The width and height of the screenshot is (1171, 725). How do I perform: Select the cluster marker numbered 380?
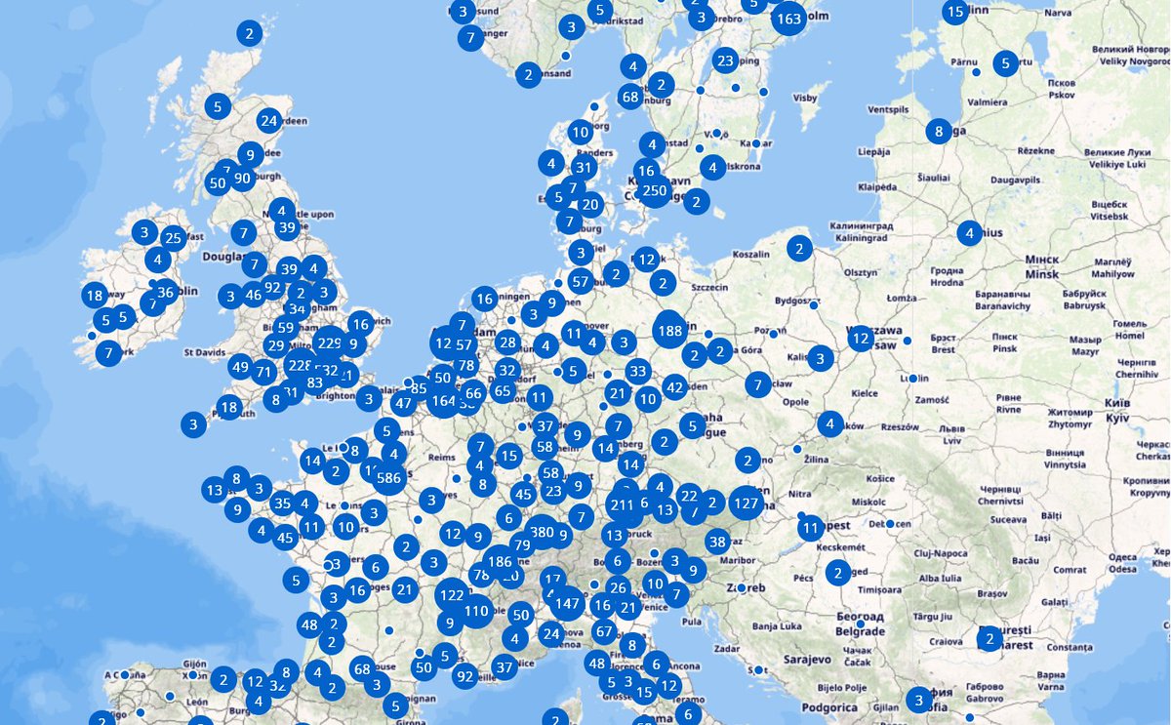tap(542, 533)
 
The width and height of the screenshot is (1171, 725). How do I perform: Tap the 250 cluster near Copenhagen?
tap(654, 190)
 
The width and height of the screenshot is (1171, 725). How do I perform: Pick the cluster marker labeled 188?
tap(670, 331)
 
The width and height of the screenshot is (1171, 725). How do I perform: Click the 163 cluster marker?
tap(788, 19)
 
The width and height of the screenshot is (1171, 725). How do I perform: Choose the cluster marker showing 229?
tap(330, 343)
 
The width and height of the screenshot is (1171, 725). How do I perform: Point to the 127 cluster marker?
tap(747, 503)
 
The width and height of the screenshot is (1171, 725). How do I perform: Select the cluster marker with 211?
tap(621, 505)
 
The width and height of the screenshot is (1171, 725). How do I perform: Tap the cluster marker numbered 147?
tap(567, 604)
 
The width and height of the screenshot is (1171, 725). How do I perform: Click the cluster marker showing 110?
tap(476, 612)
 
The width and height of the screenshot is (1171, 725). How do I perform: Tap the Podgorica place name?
tap(828, 707)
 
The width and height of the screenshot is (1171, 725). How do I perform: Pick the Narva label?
tap(1057, 14)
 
